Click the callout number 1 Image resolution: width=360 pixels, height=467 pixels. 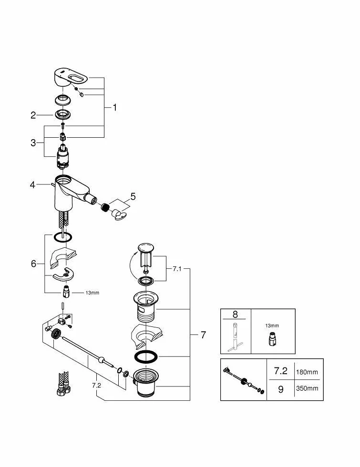(115, 108)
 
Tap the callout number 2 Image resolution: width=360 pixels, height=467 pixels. (33, 115)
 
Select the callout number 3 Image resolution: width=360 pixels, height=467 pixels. (33, 143)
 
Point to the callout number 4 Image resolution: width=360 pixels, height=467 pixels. (32, 185)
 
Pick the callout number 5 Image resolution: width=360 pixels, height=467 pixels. (133, 196)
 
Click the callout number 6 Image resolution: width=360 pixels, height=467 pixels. (33, 264)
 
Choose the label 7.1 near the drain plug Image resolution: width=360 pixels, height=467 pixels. (177, 269)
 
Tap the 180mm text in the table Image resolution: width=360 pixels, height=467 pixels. (307, 372)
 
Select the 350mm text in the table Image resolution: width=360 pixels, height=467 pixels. (307, 388)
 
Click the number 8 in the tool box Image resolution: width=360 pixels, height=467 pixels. (235, 315)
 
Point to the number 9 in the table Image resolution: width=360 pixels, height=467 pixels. (281, 389)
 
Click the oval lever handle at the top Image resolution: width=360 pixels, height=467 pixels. (71, 77)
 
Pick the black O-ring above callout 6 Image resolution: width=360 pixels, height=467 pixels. (63, 237)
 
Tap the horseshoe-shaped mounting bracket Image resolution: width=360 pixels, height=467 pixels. (63, 275)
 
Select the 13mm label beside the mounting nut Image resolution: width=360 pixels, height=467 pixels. (93, 293)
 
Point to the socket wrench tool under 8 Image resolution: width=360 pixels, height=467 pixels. (235, 337)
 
